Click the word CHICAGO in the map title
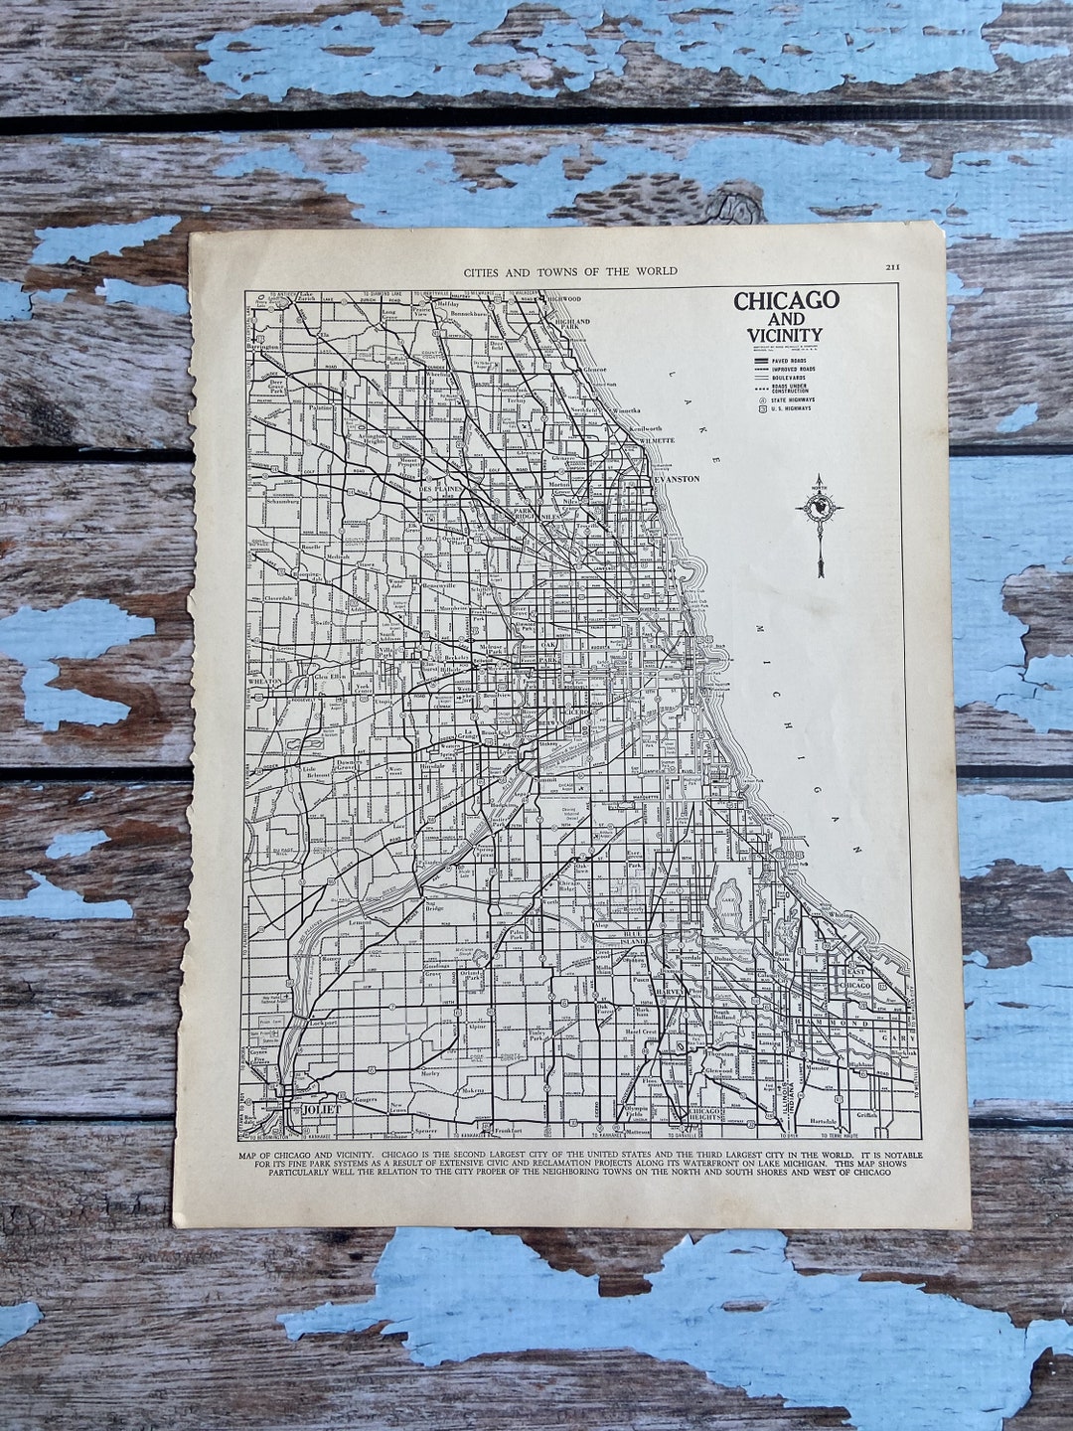pos(786,300)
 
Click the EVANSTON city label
pos(676,479)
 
